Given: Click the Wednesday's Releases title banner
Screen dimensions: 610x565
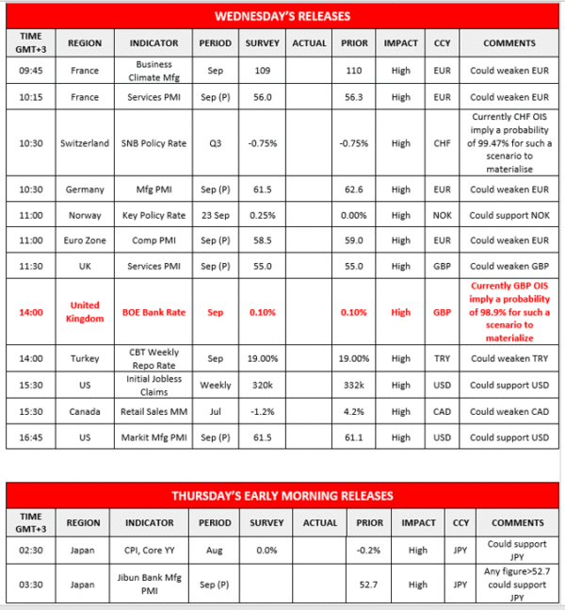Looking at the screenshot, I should (282, 16).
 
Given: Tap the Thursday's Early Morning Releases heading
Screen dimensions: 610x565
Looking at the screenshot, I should (282, 495).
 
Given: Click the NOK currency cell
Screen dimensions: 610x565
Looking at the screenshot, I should (442, 215).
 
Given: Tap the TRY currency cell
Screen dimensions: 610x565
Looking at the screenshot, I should (442, 358).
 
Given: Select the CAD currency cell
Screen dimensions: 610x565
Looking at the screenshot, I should (442, 411).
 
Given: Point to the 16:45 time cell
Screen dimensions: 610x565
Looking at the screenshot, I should (29, 437).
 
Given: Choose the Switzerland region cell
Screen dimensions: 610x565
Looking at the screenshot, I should (85, 143).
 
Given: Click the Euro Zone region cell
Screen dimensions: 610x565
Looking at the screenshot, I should (85, 239).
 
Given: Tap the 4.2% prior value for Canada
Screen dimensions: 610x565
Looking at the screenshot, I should (355, 411).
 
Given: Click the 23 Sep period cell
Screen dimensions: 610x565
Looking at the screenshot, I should (215, 215).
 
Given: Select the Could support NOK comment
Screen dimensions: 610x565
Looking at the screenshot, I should (509, 215).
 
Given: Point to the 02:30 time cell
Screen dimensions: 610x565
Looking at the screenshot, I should (29, 550).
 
